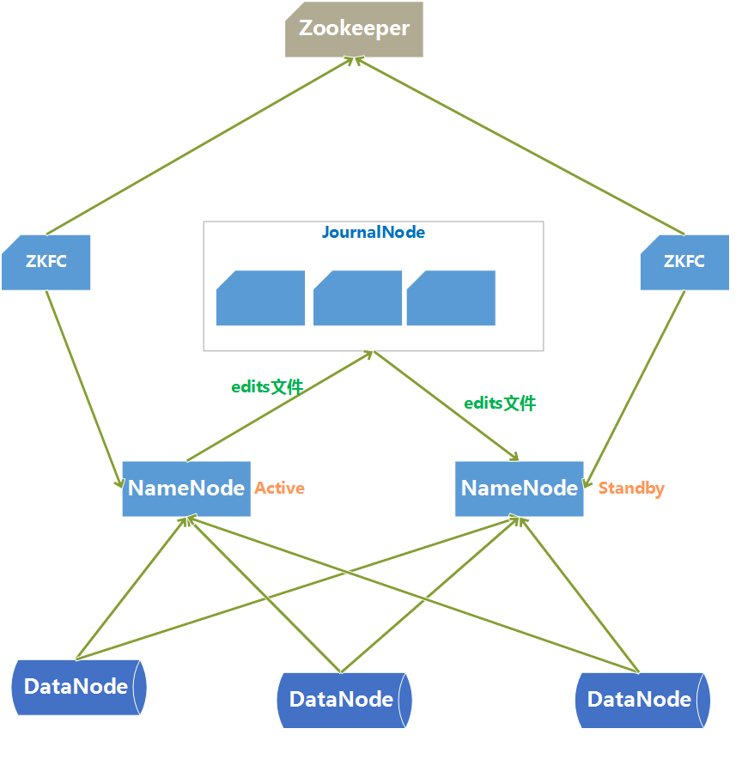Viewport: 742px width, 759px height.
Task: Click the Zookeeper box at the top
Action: point(354,29)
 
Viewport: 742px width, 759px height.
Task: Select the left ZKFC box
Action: point(46,262)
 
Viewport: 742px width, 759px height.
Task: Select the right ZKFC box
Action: point(684,262)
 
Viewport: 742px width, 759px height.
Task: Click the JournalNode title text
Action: point(373,233)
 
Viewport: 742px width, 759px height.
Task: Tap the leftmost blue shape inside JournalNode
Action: point(260,299)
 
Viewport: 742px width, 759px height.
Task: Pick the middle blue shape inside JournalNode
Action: point(357,299)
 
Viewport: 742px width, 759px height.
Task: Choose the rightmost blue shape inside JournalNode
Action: point(451,299)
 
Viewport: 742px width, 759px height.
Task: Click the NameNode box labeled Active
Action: point(186,489)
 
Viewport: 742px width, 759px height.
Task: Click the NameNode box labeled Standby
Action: point(519,489)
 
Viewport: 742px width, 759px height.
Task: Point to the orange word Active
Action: point(279,489)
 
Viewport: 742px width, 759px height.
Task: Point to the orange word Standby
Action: point(631,489)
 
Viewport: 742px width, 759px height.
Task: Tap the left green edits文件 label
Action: point(267,387)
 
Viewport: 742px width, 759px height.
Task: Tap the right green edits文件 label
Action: point(500,403)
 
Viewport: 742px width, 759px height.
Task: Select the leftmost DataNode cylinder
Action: point(79,687)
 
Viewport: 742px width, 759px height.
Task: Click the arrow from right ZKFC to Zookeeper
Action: point(518,146)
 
